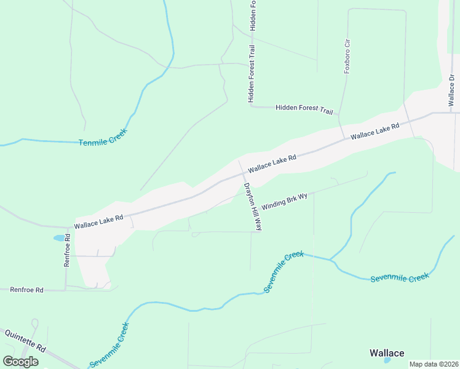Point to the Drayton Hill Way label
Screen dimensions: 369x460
tap(253, 206)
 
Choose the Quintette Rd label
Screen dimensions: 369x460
tap(25, 340)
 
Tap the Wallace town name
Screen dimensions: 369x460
tap(387, 352)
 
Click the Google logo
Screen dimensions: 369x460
tap(20, 361)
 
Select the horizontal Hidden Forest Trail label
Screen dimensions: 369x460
tap(304, 108)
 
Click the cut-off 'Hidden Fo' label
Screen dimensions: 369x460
tap(253, 15)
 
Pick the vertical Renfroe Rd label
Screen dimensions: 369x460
tap(68, 250)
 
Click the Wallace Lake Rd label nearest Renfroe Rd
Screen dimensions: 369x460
tap(99, 222)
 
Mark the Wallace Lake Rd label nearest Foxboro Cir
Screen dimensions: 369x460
tap(375, 132)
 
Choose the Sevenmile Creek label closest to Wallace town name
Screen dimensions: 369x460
tap(400, 278)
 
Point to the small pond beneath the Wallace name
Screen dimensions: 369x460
tap(387, 361)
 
